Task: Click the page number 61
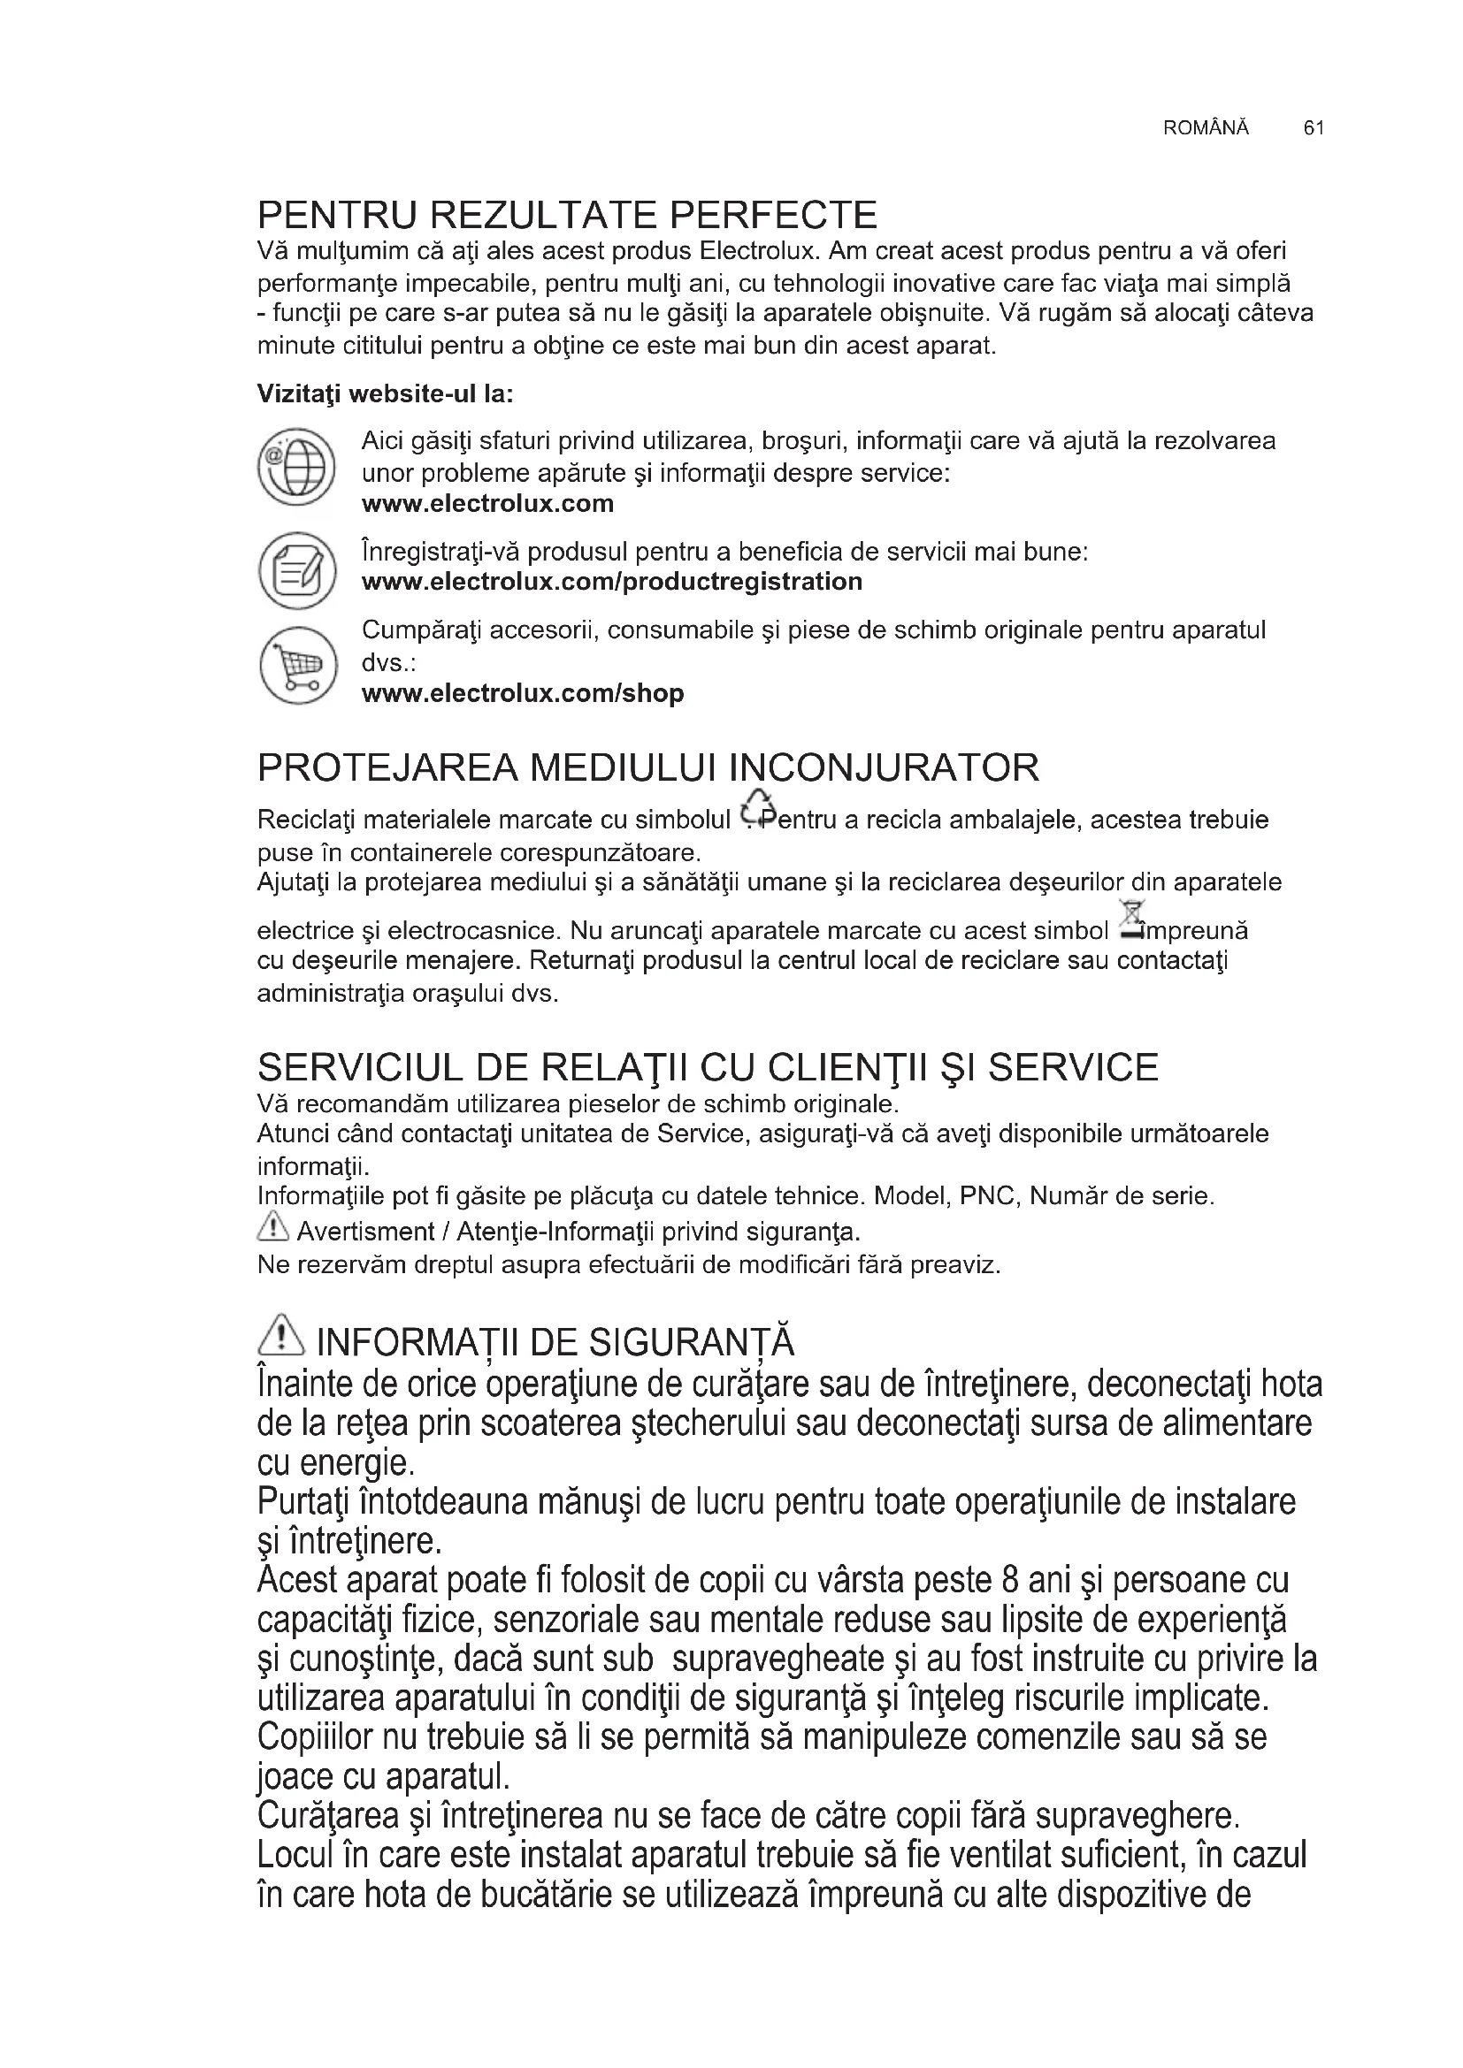[x=1313, y=128]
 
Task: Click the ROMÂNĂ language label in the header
[x=1206, y=128]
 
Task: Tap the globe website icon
[x=296, y=467]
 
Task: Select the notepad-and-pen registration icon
[x=296, y=569]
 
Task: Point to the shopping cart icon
[x=296, y=665]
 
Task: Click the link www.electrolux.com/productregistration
[x=612, y=582]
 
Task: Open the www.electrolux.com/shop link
[x=523, y=693]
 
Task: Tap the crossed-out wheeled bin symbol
[x=1128, y=920]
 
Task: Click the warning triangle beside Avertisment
[x=272, y=1225]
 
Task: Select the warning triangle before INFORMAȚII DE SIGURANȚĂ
[x=281, y=1336]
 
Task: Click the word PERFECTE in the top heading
[x=773, y=215]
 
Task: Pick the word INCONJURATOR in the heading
[x=883, y=767]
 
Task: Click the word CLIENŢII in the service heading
[x=846, y=1068]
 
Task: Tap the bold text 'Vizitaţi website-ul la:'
[x=385, y=394]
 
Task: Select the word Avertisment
[x=353, y=1232]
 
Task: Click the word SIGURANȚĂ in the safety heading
[x=691, y=1343]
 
